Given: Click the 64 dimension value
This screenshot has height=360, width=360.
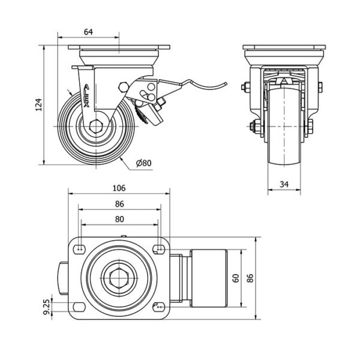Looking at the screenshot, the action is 88,32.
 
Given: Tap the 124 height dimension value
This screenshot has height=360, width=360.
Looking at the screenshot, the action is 39,104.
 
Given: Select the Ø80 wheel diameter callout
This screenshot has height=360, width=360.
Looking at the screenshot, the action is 144,163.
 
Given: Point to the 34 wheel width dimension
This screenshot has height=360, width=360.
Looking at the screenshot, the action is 284,184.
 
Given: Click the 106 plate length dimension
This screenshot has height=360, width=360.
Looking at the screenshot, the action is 119,188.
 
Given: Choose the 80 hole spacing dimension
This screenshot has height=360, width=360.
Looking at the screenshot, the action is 119,219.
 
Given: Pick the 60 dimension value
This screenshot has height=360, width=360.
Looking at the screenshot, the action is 236,278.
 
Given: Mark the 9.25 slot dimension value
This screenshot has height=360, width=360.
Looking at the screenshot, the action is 46,307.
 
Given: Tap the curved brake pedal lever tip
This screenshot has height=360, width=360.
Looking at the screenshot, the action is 226,83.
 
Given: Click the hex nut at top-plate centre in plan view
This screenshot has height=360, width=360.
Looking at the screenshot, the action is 119,278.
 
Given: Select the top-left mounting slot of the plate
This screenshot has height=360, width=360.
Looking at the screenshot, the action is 79,249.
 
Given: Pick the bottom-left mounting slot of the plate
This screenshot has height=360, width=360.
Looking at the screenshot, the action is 79,307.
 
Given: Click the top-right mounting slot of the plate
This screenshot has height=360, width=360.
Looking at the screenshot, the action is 159,249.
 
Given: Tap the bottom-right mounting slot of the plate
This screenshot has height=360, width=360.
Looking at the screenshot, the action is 159,307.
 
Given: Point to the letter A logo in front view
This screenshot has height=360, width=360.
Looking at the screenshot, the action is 284,81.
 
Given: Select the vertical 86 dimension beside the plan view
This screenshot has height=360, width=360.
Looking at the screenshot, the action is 250,278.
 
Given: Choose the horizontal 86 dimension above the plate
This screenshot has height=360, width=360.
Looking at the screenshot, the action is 119,204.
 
